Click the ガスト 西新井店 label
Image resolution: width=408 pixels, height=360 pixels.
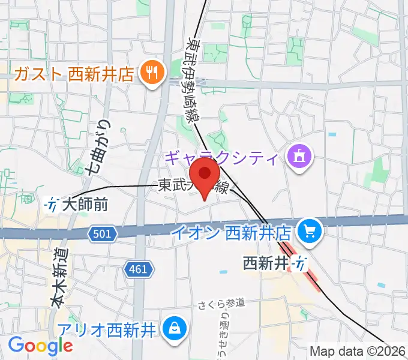[x=76, y=74]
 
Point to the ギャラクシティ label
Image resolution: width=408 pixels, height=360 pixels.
[x=221, y=159]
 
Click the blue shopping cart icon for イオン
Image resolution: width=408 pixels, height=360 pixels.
[x=311, y=230]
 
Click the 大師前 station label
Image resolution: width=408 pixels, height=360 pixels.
[x=84, y=205]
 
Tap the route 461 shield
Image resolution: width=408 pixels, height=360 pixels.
[x=137, y=269]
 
